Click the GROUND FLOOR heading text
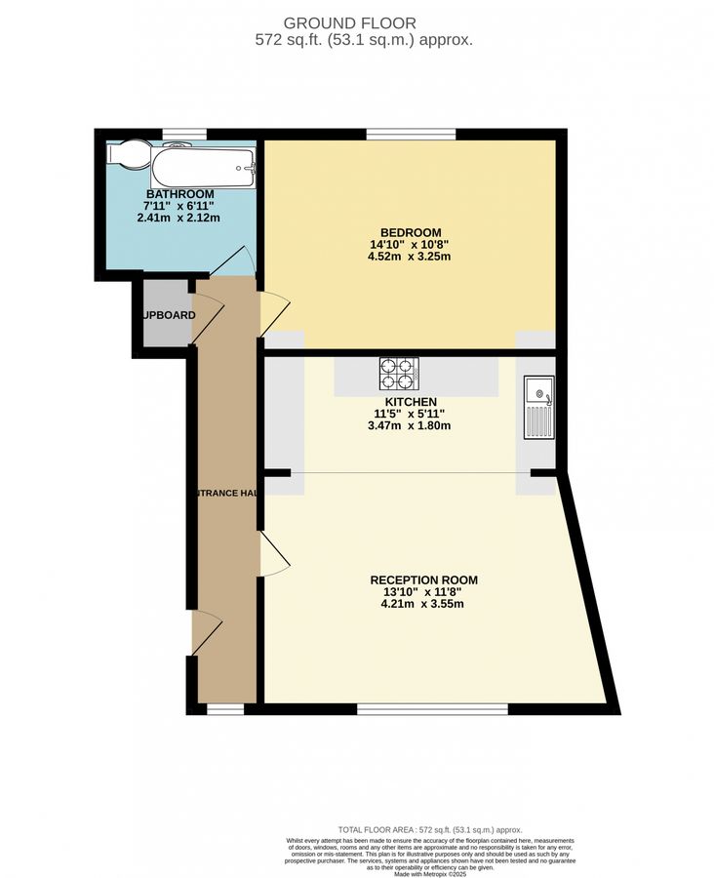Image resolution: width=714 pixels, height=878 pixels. (x=350, y=22)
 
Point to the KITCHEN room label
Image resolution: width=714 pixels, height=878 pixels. (x=410, y=401)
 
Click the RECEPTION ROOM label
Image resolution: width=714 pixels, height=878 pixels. (x=423, y=579)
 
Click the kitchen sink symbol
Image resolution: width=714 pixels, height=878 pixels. (x=538, y=409)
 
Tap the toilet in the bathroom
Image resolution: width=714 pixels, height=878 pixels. (x=130, y=154)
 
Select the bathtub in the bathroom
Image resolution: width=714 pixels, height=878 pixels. (x=202, y=166)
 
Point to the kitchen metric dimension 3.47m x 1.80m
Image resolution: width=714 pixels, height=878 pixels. (x=410, y=425)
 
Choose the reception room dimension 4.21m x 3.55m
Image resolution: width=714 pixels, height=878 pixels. (x=423, y=604)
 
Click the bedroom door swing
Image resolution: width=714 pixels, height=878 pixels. (x=273, y=314)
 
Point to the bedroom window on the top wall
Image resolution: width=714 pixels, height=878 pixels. (x=411, y=135)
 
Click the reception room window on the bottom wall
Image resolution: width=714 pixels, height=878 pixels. (x=433, y=708)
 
